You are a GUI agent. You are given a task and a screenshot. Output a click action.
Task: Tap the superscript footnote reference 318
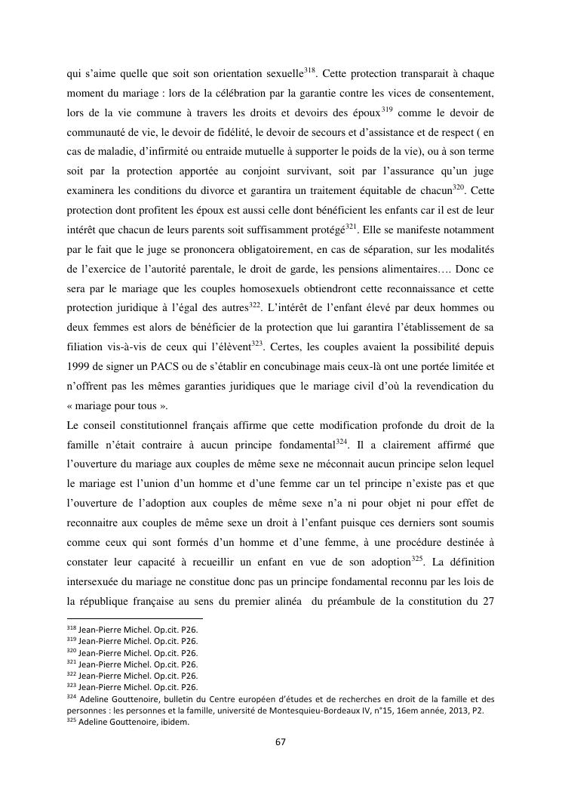[309, 50]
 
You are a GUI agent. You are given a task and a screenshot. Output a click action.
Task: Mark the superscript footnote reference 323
[256, 343]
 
